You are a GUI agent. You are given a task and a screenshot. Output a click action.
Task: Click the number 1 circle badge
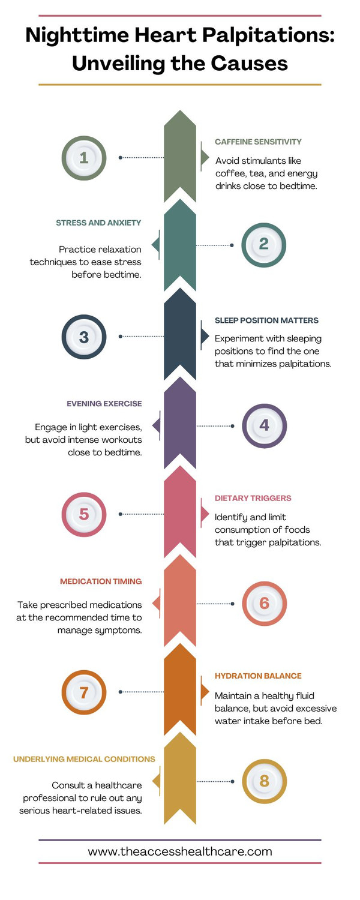(84, 158)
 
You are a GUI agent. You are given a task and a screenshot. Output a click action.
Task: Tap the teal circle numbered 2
(264, 245)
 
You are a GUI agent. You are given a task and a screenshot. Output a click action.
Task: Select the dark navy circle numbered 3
(84, 337)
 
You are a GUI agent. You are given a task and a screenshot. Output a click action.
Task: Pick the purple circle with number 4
(264, 425)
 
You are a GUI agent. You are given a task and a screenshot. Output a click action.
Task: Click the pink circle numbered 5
(84, 514)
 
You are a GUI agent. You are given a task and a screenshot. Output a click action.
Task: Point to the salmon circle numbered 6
(264, 604)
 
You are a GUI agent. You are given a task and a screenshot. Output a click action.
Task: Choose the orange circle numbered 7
(84, 692)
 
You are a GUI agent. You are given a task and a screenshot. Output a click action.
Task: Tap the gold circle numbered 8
(264, 781)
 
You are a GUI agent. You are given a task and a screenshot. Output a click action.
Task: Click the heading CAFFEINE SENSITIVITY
(258, 142)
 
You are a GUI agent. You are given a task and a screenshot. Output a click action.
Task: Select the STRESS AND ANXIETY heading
(98, 223)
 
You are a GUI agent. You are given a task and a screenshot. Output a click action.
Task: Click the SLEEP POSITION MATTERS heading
(266, 320)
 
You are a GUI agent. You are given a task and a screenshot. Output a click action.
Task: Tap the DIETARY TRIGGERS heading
(253, 498)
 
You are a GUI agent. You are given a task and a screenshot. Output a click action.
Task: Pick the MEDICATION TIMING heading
(101, 581)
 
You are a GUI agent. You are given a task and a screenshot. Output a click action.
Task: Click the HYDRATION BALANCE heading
(258, 676)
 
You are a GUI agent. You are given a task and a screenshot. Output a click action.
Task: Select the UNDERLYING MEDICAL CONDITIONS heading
(84, 759)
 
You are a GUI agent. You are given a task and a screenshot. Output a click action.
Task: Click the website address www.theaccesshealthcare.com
(180, 851)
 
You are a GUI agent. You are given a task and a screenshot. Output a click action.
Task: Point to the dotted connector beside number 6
(214, 604)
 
